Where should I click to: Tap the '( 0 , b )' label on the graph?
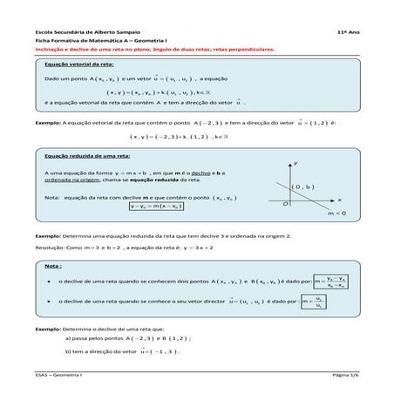click(303, 187)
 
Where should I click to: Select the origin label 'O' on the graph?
click(284, 202)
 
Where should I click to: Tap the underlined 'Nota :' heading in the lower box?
click(53, 265)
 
